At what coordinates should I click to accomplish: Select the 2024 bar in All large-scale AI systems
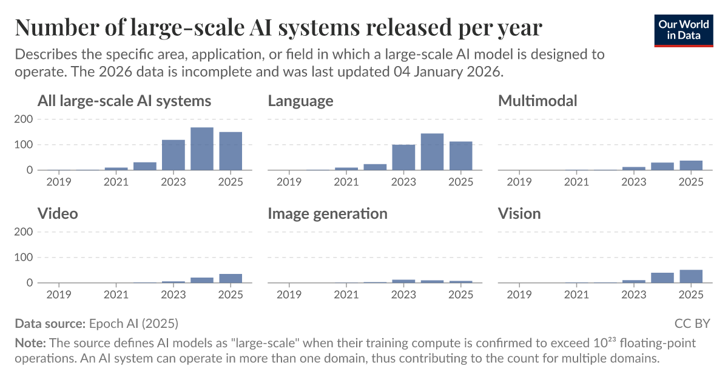[202, 148]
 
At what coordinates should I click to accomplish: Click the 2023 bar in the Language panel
[403, 157]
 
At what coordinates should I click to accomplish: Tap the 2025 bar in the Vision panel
[691, 276]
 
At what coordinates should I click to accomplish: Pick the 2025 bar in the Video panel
[231, 278]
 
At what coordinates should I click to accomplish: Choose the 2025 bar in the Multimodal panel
[691, 165]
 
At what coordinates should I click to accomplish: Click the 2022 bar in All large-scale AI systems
[145, 166]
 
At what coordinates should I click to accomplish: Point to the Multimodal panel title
[538, 101]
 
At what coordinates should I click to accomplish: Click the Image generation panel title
[328, 213]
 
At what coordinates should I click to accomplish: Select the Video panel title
[58, 213]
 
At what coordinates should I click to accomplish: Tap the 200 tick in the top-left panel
[22, 119]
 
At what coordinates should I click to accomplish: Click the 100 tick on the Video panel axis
[22, 258]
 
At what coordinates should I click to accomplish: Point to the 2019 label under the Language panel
[289, 182]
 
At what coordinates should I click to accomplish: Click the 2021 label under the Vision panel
[576, 295]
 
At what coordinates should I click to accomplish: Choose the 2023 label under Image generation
[403, 295]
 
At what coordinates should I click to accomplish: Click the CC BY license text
[692, 323]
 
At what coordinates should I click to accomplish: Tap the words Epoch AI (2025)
[133, 323]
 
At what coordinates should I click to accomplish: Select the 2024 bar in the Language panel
[432, 152]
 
